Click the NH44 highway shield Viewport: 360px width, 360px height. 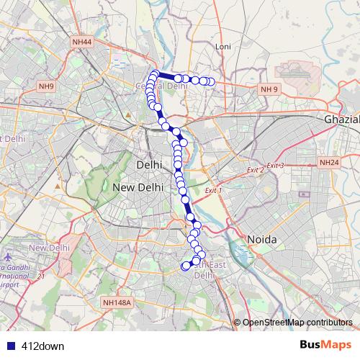[82, 43]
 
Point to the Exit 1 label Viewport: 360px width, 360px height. [214, 191]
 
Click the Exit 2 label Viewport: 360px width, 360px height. [254, 170]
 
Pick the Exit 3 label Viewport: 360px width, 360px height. [275, 166]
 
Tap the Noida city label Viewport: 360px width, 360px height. [262, 238]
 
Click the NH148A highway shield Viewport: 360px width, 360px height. [117, 303]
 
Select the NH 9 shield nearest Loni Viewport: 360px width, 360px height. [269, 89]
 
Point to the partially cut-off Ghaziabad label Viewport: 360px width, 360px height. [342, 118]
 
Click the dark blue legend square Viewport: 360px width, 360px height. [11, 346]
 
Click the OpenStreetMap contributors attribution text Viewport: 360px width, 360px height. [297, 323]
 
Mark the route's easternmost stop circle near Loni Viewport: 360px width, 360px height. [211, 81]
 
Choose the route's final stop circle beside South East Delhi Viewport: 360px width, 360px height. [185, 266]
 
